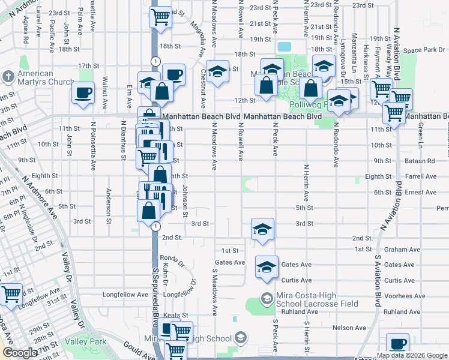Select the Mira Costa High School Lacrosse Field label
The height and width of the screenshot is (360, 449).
(317, 299)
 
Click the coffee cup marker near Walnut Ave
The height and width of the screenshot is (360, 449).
(83, 93)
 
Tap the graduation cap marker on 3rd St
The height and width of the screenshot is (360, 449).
(262, 229)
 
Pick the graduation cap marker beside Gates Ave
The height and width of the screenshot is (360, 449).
(267, 267)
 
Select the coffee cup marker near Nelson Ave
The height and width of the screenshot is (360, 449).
(397, 344)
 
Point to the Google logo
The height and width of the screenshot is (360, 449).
(19, 353)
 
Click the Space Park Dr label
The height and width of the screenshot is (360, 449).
(423, 50)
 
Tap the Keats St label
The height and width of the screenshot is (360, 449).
(176, 315)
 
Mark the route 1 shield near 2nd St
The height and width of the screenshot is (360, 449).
(155, 226)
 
